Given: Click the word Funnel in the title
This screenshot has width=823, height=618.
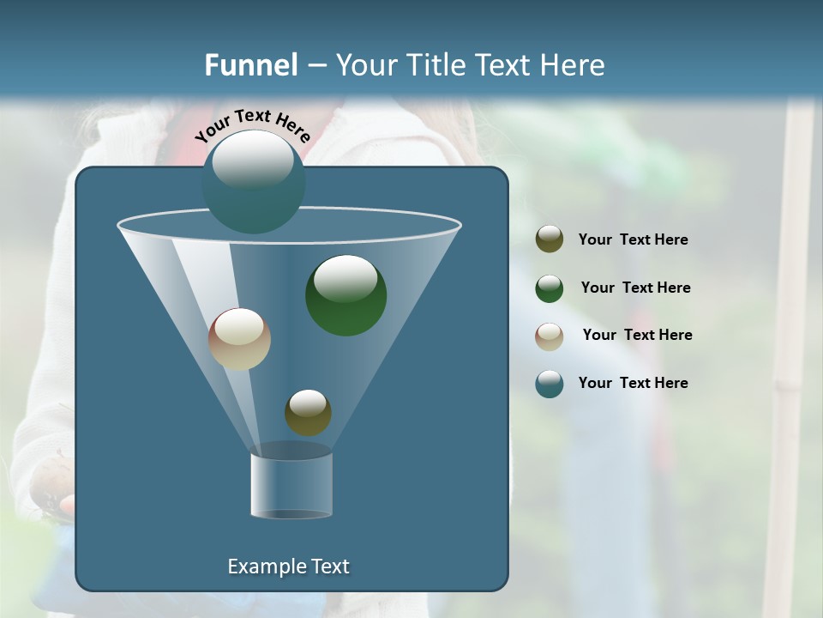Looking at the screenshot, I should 250,64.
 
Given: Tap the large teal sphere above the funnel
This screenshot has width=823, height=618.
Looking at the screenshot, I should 253,182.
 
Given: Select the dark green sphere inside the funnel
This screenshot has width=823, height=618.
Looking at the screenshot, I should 345,295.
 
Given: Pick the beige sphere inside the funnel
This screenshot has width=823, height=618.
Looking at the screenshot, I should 239,339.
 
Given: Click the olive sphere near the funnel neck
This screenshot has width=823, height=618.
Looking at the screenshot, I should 308,412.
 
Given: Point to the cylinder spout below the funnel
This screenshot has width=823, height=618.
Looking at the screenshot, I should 291,485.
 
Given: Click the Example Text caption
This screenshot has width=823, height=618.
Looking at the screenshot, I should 288,566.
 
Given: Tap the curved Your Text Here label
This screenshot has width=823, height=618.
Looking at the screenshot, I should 253,125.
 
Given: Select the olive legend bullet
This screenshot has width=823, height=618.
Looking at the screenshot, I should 550,239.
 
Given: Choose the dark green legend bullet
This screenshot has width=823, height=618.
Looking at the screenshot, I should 550,288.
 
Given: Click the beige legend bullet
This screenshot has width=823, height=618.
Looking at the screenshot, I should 550,336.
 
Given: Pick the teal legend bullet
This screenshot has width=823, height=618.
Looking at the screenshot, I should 550,384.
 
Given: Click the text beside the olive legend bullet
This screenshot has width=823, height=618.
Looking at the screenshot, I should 633,240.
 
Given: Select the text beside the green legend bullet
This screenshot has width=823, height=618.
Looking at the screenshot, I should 635,288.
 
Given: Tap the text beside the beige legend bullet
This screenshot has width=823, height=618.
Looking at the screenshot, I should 637,336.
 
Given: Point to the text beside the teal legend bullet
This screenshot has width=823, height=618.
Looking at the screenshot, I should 633,384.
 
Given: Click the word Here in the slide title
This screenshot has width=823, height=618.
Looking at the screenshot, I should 574,64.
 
